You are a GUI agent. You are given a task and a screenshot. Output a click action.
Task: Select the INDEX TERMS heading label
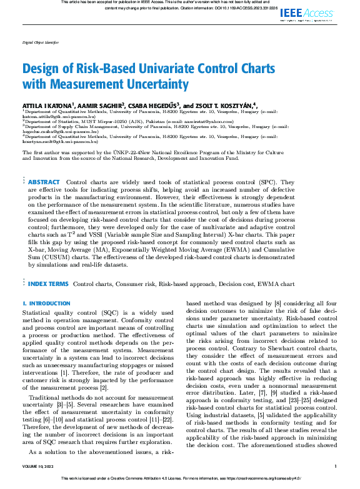(49, 284)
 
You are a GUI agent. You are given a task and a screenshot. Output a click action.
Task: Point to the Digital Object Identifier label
(40, 43)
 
